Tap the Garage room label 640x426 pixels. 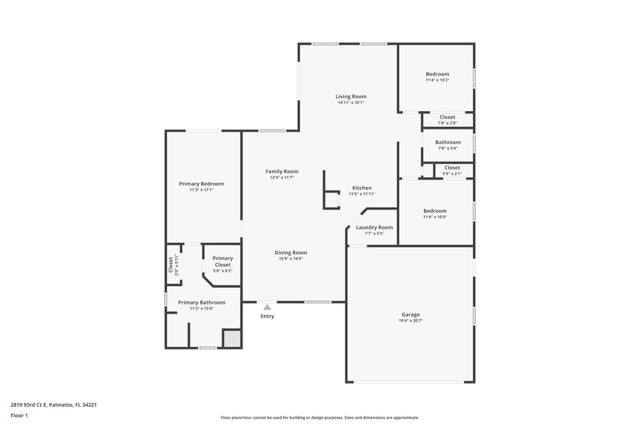410,315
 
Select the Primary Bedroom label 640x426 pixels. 201,184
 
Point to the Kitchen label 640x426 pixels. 362,188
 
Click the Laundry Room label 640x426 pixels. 374,227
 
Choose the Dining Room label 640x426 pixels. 292,253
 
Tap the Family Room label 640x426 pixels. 282,171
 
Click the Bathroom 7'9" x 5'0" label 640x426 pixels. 447,142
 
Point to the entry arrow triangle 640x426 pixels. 267,306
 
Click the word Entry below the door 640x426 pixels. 267,317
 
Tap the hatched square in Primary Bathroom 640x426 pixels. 230,339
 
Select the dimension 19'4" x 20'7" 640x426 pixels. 410,321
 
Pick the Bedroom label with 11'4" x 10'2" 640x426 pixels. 437,74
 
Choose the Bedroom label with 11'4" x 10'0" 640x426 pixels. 434,210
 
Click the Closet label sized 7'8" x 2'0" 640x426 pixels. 447,117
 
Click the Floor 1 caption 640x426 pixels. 19,416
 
